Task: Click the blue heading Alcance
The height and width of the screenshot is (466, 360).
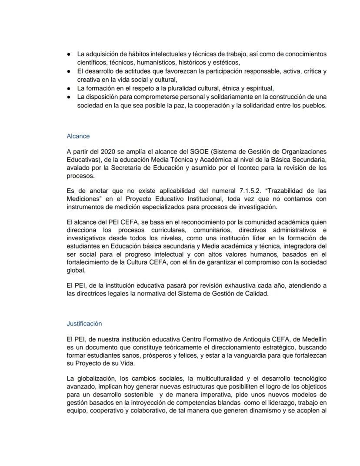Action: click(x=78, y=136)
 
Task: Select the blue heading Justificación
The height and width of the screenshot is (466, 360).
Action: click(x=84, y=324)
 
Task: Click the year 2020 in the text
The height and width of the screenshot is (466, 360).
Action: click(x=109, y=151)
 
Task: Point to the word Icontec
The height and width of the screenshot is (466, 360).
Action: click(x=243, y=168)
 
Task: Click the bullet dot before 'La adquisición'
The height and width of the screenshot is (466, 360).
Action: click(x=69, y=54)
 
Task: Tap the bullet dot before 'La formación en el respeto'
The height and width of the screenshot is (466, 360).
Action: click(x=69, y=88)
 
